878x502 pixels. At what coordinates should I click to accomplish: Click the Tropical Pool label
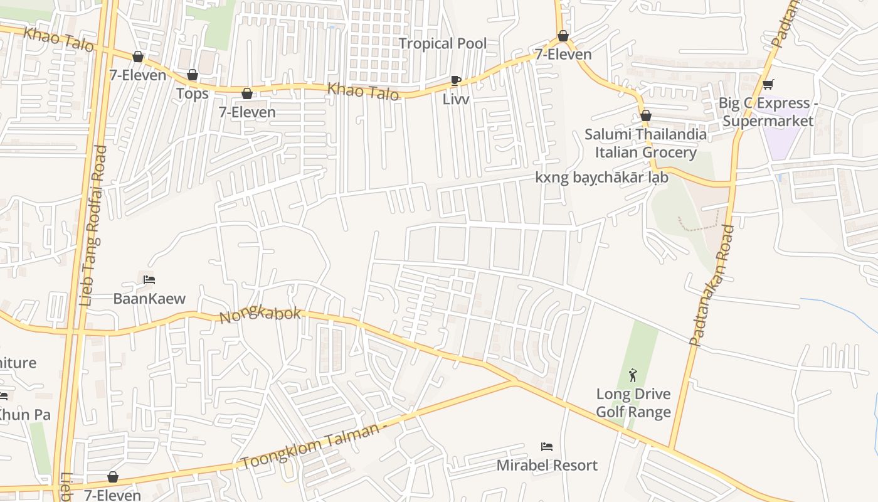click(x=443, y=43)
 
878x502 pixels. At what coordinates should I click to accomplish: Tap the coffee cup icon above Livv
click(x=456, y=80)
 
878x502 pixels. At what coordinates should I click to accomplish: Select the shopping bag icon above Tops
click(x=193, y=75)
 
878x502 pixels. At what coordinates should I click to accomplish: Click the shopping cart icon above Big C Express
click(x=768, y=84)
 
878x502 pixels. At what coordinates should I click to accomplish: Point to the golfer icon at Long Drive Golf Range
click(x=633, y=376)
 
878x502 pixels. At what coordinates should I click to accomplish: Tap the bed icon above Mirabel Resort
click(x=547, y=447)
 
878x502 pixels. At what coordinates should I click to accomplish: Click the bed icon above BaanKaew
click(x=149, y=280)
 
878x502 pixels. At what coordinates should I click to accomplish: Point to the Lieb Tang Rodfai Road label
click(x=93, y=226)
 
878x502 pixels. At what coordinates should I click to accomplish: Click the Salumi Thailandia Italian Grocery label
click(x=645, y=143)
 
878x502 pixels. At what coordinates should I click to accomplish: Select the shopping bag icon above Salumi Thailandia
click(x=646, y=115)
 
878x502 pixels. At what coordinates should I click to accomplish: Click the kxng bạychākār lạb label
click(x=601, y=178)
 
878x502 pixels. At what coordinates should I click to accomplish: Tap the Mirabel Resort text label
click(x=547, y=465)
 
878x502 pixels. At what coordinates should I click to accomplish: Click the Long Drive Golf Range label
click(x=633, y=403)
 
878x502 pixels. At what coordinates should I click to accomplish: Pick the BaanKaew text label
click(x=149, y=298)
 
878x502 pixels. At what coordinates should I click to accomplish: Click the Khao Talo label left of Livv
click(x=363, y=92)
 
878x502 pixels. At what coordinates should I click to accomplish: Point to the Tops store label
click(x=192, y=93)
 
